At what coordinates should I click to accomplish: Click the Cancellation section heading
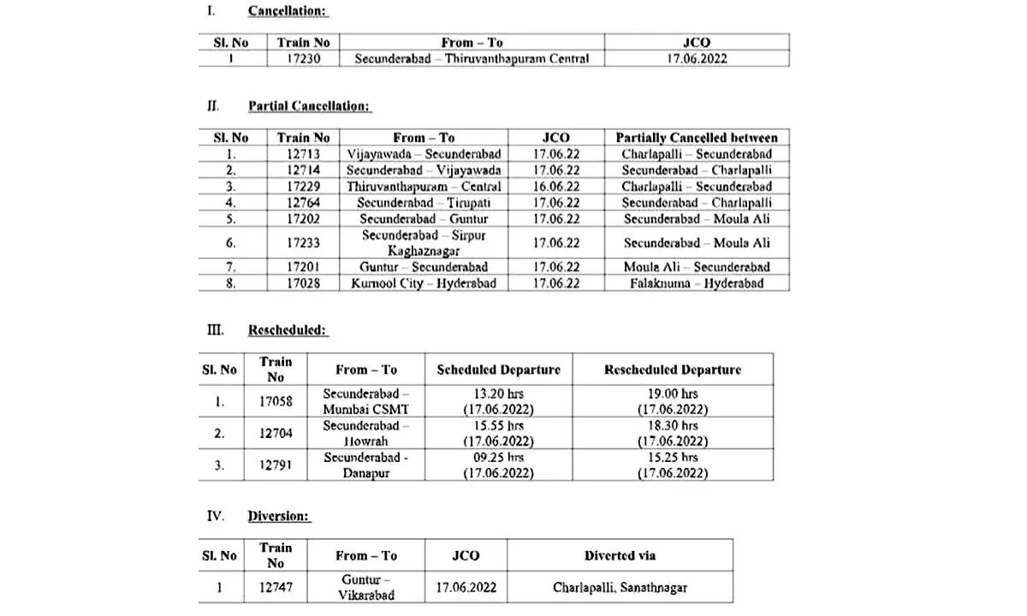pos(288,12)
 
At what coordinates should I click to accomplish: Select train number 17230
pos(303,59)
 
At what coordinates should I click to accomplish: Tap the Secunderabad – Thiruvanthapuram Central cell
pos(472,59)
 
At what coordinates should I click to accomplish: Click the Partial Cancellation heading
pos(309,107)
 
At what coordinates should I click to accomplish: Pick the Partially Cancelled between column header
pos(697,138)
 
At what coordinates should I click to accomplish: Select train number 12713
pos(303,155)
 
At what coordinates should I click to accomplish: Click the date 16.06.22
pos(555,187)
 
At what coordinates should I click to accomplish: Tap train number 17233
pos(303,243)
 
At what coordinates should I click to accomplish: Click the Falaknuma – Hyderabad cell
pos(697,283)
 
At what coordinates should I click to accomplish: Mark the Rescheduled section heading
pos(288,330)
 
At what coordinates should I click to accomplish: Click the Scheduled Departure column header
pos(498,370)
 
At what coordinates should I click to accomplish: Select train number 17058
pos(276,401)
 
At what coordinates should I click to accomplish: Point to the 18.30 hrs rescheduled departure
pos(673,425)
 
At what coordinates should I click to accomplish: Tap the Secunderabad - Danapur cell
pos(366,465)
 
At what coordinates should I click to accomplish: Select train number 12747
pos(276,588)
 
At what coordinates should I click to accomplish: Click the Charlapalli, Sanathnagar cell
pos(620,588)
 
